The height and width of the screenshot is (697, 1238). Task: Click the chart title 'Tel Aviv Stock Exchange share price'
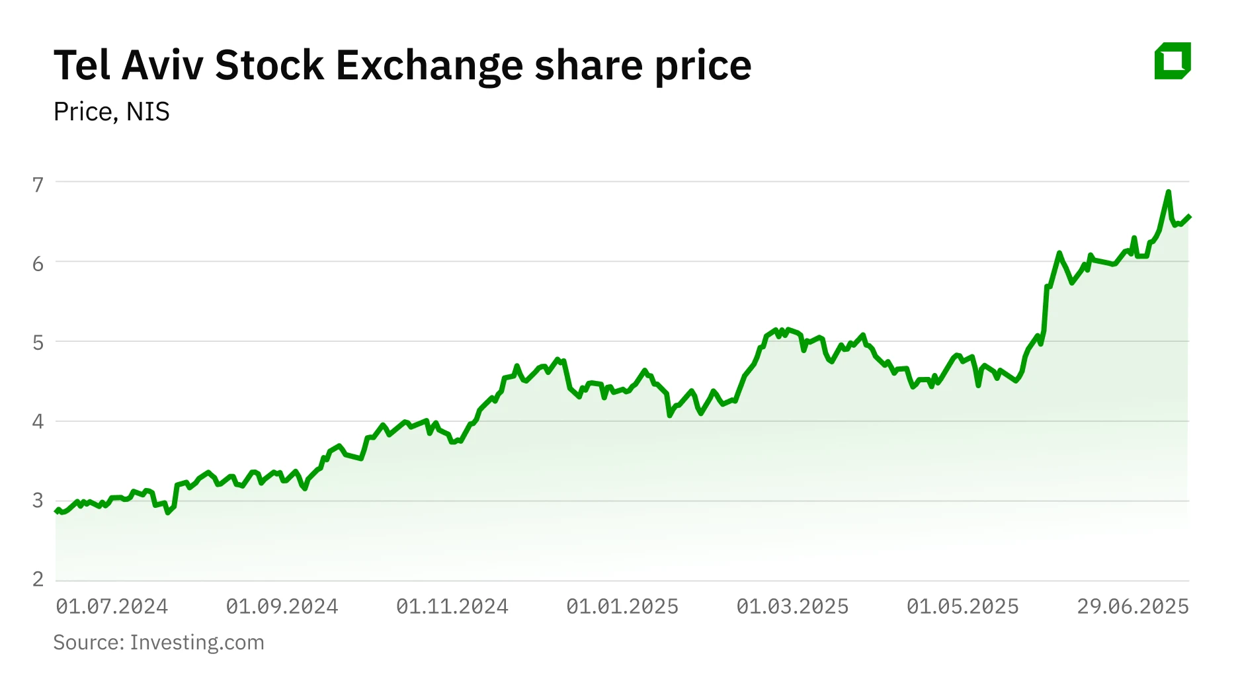[x=402, y=65]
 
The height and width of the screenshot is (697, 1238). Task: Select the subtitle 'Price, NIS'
[x=111, y=112]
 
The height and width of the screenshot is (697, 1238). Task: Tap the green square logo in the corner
[x=1173, y=61]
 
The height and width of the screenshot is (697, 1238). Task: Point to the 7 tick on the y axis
[x=38, y=184]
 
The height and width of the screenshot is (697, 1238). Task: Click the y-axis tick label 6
[x=38, y=264]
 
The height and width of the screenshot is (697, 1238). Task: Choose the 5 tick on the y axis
[x=38, y=343]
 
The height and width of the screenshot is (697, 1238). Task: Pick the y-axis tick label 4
[x=38, y=421]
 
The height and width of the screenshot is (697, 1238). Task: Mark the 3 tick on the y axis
[x=38, y=500]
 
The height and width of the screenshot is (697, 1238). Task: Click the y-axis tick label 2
[x=38, y=579]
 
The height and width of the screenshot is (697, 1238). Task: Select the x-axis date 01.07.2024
[x=112, y=606]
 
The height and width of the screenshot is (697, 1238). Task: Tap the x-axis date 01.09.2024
[x=282, y=606]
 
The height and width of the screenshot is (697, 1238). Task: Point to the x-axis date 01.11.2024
[x=452, y=606]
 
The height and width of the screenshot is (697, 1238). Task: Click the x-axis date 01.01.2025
[x=622, y=606]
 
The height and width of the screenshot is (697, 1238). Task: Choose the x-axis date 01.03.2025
[x=792, y=606]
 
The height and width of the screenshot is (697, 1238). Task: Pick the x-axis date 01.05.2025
[x=962, y=606]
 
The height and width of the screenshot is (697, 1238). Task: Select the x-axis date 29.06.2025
[x=1133, y=606]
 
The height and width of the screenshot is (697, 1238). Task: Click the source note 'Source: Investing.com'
[x=159, y=642]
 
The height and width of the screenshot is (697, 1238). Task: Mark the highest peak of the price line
[x=1169, y=192]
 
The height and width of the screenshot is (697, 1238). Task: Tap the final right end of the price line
[x=1189, y=216]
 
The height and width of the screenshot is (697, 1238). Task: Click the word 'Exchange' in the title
[x=429, y=65]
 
